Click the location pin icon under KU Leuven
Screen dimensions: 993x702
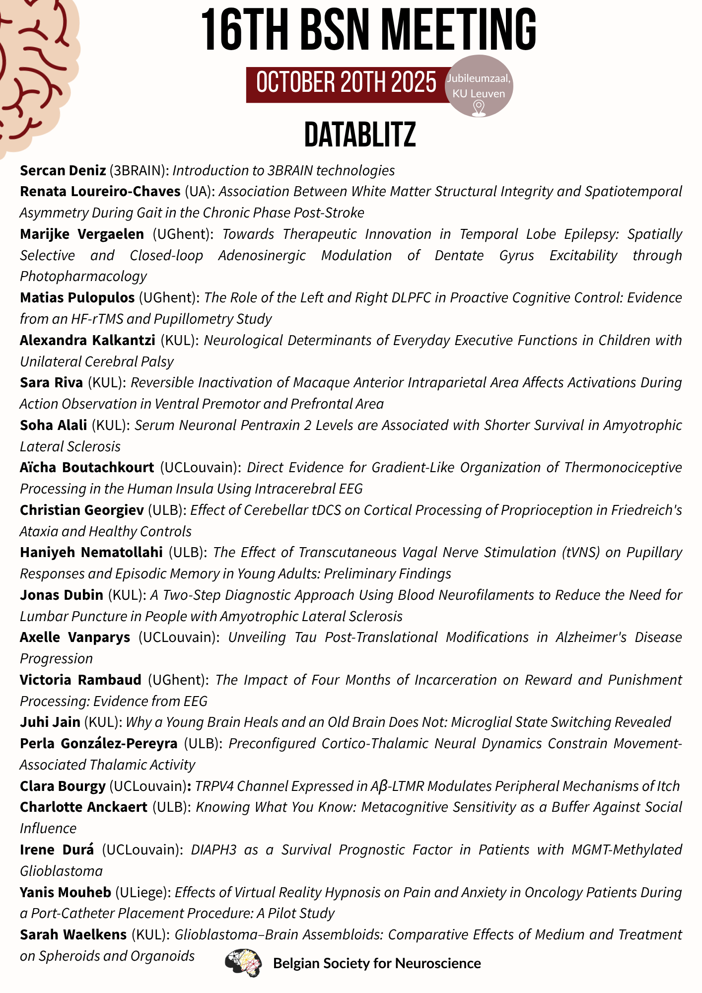[479, 108]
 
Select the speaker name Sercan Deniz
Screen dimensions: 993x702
[63, 170]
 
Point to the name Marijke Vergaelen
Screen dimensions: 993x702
[82, 234]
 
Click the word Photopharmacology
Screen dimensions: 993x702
[83, 276]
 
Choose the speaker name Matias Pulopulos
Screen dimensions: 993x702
[77, 297]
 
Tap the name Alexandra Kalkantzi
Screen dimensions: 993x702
[87, 340]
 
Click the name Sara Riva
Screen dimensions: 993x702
[51, 382]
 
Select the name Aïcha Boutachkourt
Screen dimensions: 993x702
[87, 467]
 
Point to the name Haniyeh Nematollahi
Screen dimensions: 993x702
[91, 552]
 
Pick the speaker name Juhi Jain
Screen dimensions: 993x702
[50, 722]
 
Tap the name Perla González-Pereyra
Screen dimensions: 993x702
[99, 743]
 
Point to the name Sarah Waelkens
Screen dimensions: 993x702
[73, 934]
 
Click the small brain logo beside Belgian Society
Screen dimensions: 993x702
[243, 963]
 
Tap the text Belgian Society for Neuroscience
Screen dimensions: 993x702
[377, 963]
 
